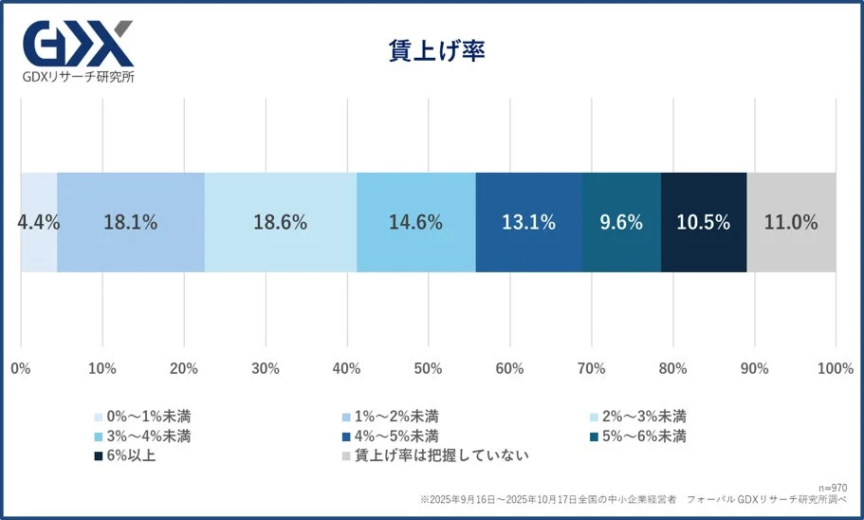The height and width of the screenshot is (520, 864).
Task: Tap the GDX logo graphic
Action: (78, 43)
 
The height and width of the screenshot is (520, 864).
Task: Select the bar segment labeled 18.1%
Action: (131, 223)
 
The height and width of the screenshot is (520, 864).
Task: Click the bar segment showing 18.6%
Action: (280, 223)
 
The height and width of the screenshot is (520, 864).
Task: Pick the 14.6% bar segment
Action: (415, 223)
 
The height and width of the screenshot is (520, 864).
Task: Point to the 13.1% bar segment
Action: (528, 223)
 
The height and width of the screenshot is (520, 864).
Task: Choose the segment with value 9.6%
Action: (621, 223)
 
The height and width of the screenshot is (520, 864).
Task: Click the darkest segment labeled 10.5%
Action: (703, 223)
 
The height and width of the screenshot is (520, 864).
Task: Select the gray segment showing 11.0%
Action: (791, 223)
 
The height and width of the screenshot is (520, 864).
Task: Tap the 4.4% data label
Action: (38, 223)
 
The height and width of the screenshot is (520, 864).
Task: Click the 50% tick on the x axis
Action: (428, 368)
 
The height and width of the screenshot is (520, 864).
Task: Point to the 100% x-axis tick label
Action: (835, 368)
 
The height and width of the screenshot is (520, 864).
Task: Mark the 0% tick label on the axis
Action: (20, 368)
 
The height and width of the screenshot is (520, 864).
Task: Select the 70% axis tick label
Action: (591, 368)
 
